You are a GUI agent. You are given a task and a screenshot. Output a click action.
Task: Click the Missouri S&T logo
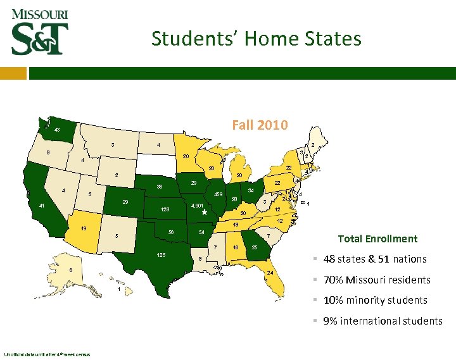[x=39, y=32]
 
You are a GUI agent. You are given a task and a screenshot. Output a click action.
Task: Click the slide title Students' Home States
[x=256, y=39]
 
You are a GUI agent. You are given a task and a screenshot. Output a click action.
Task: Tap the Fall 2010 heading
[x=260, y=125]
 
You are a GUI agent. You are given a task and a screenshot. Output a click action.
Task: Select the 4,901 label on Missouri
[x=197, y=206]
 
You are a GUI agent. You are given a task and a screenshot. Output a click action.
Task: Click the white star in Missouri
[x=204, y=213]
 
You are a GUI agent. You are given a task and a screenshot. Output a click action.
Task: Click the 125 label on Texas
[x=161, y=254]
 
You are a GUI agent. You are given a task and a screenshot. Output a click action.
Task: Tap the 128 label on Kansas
[x=165, y=209]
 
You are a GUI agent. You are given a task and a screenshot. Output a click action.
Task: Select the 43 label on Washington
[x=57, y=130]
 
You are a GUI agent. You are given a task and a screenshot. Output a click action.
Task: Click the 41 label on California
[x=41, y=206]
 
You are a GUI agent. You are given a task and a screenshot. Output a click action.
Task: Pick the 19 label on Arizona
[x=83, y=228]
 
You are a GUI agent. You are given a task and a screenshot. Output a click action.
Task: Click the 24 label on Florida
[x=270, y=273]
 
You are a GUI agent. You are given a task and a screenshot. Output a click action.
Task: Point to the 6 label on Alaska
[x=70, y=270]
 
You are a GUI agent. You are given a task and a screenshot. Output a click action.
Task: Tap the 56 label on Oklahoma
[x=170, y=232]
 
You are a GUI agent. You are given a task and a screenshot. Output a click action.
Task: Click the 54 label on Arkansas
[x=201, y=233]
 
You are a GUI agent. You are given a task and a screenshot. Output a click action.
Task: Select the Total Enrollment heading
[x=377, y=239]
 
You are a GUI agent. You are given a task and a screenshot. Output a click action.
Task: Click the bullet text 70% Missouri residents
[x=376, y=280]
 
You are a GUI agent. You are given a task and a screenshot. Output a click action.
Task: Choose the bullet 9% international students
[x=383, y=321]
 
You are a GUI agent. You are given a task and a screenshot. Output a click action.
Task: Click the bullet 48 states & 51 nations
[x=374, y=259]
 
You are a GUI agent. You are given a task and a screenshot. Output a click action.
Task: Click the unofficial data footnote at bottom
[x=47, y=354]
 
